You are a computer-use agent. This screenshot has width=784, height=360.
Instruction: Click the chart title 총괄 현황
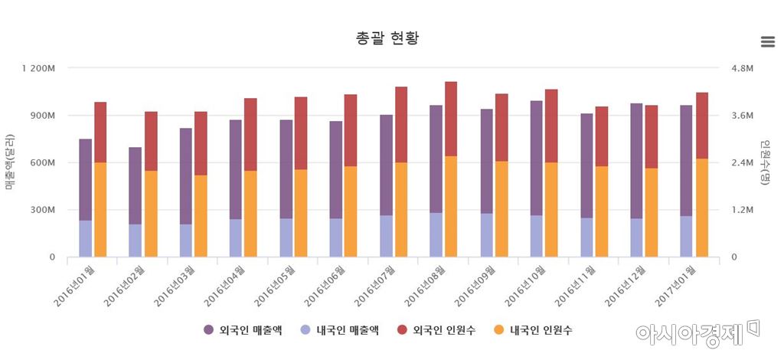387,38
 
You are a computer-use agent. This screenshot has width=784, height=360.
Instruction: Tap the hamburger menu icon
767,42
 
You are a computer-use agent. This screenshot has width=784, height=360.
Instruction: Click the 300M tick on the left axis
43,210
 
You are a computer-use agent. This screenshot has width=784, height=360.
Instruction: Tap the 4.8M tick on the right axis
743,68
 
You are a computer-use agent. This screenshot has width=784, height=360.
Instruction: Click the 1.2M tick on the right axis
743,210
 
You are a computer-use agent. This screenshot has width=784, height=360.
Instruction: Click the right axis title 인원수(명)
764,162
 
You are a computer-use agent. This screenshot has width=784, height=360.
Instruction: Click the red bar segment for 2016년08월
451,119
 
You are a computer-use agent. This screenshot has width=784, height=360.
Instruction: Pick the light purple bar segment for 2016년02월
135,241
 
